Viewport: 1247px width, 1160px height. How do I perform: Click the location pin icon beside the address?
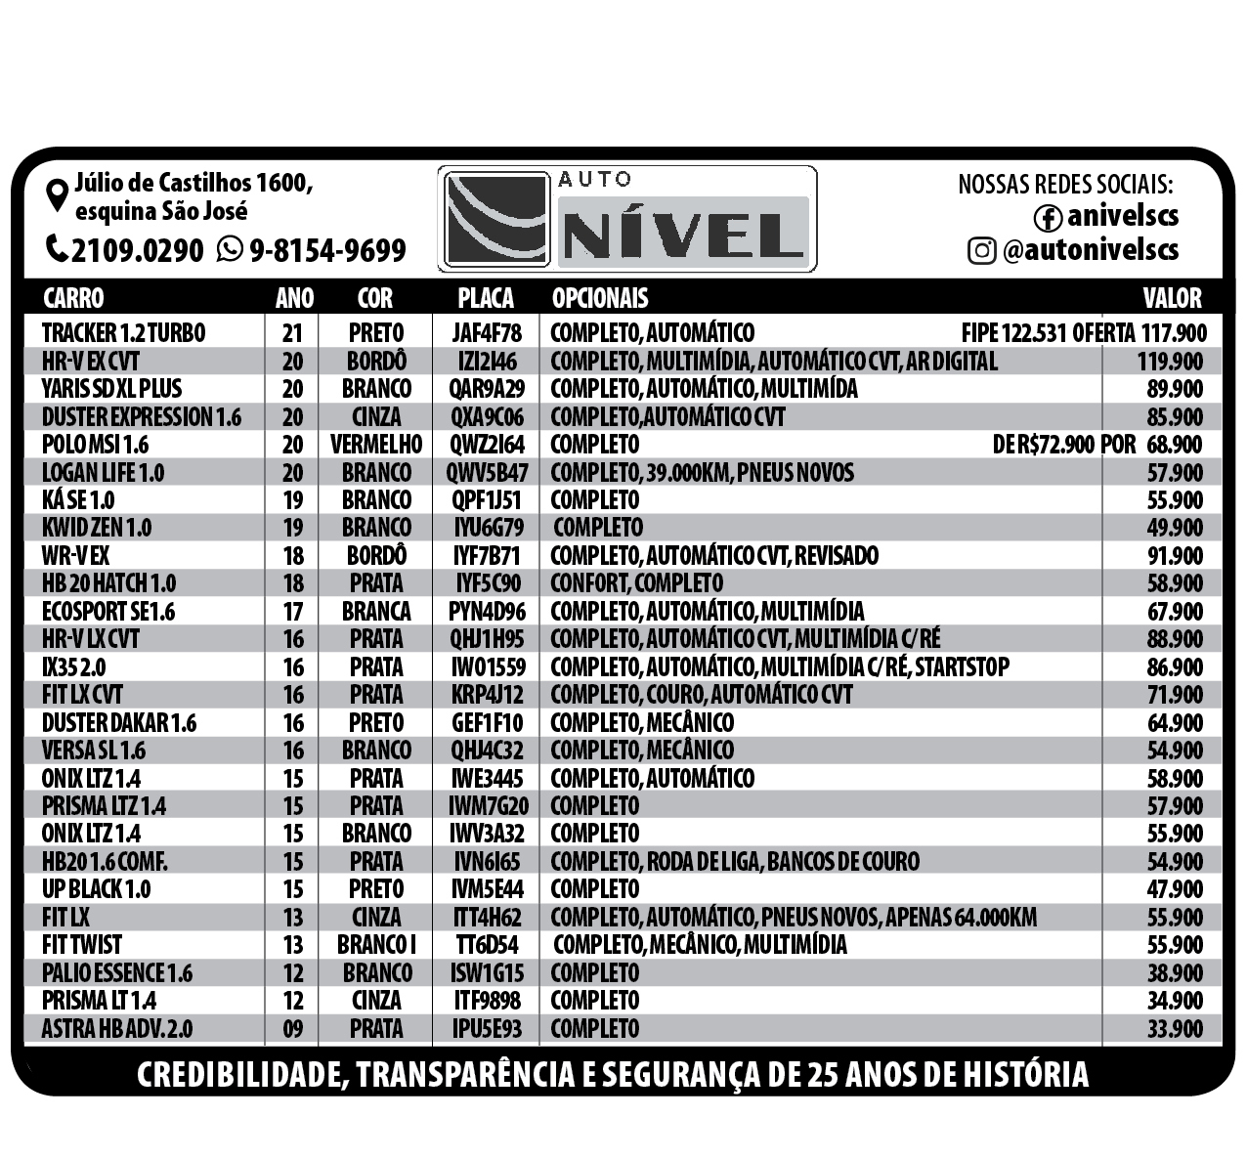(x=59, y=193)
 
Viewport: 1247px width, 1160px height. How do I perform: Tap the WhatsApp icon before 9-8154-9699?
(x=230, y=249)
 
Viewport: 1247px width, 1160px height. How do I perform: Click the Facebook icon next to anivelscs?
(x=1049, y=217)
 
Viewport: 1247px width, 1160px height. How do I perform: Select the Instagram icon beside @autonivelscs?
(x=980, y=251)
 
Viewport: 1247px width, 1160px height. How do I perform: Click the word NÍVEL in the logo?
(x=682, y=235)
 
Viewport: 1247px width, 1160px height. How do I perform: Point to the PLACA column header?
(x=486, y=298)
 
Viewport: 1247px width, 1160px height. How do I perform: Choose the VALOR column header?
(x=1172, y=298)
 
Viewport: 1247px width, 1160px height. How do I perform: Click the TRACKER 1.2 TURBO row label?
(x=124, y=333)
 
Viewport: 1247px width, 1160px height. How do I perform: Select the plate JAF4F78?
(x=487, y=333)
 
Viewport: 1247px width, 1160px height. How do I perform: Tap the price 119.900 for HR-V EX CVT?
(x=1170, y=362)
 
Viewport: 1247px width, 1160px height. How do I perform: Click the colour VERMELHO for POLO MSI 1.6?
(x=376, y=445)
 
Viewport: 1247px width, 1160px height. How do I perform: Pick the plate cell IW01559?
(x=487, y=667)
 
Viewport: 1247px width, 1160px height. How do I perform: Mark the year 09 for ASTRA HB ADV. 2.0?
(x=292, y=1029)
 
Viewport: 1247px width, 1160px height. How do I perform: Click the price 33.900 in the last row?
(x=1175, y=1029)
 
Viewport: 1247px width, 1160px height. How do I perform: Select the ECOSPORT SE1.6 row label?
(x=108, y=612)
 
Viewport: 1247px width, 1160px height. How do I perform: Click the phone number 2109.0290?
(x=138, y=250)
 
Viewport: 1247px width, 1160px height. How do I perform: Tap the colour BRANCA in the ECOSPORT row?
(x=376, y=612)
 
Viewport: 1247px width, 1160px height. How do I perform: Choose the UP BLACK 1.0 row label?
(x=97, y=889)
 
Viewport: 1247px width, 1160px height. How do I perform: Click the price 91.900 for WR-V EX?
(x=1175, y=556)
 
